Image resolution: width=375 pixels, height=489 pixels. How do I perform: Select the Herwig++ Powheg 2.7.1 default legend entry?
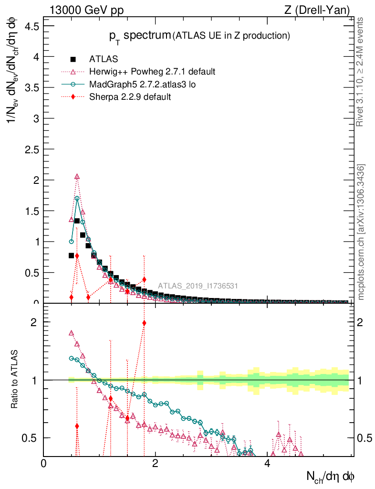pos(152,72)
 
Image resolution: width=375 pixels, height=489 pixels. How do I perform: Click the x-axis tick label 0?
pos(44,463)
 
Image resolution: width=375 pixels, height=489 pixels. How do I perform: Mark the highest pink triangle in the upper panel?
pos(77,177)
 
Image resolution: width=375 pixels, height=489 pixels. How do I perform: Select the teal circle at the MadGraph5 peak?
pos(77,198)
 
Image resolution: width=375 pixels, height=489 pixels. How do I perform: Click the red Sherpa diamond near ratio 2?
pos(144,323)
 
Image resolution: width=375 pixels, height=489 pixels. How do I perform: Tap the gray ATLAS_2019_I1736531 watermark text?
pos(198,286)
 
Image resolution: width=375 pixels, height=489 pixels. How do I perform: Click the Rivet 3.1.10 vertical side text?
pos(360,72)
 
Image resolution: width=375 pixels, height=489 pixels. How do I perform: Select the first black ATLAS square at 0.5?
pos(72,255)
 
